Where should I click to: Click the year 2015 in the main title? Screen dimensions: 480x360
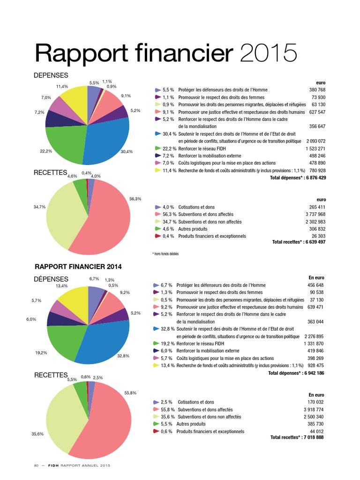click(269, 53)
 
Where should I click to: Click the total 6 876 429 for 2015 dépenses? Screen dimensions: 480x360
click(310, 178)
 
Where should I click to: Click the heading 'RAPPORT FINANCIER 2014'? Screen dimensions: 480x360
click(78, 266)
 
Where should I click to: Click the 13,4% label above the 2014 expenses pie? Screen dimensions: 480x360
click(61, 286)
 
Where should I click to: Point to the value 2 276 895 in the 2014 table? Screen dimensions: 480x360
click(315, 336)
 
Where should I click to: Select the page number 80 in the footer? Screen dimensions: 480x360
click(36, 465)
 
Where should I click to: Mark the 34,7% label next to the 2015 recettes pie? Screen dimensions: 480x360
click(39, 206)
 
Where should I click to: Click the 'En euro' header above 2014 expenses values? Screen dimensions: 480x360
click(316, 277)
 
